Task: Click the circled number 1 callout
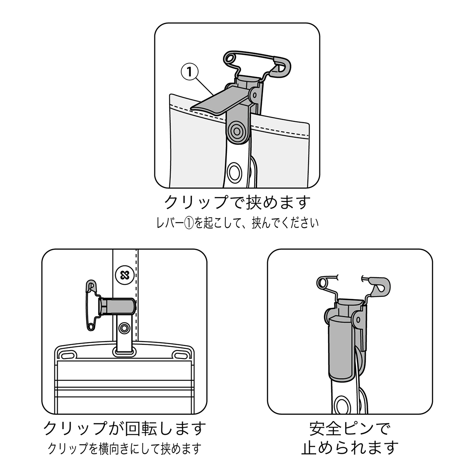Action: (190, 72)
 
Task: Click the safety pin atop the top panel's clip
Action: (257, 63)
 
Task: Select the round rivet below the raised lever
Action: (237, 131)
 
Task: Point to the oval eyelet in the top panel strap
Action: (234, 171)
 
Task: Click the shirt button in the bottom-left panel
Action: (125, 275)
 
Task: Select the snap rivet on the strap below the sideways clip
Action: (124, 328)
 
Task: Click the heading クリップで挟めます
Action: (237, 202)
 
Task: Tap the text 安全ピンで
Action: (350, 429)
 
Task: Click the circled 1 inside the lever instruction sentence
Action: (189, 223)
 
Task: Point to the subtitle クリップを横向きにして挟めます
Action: (124, 449)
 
